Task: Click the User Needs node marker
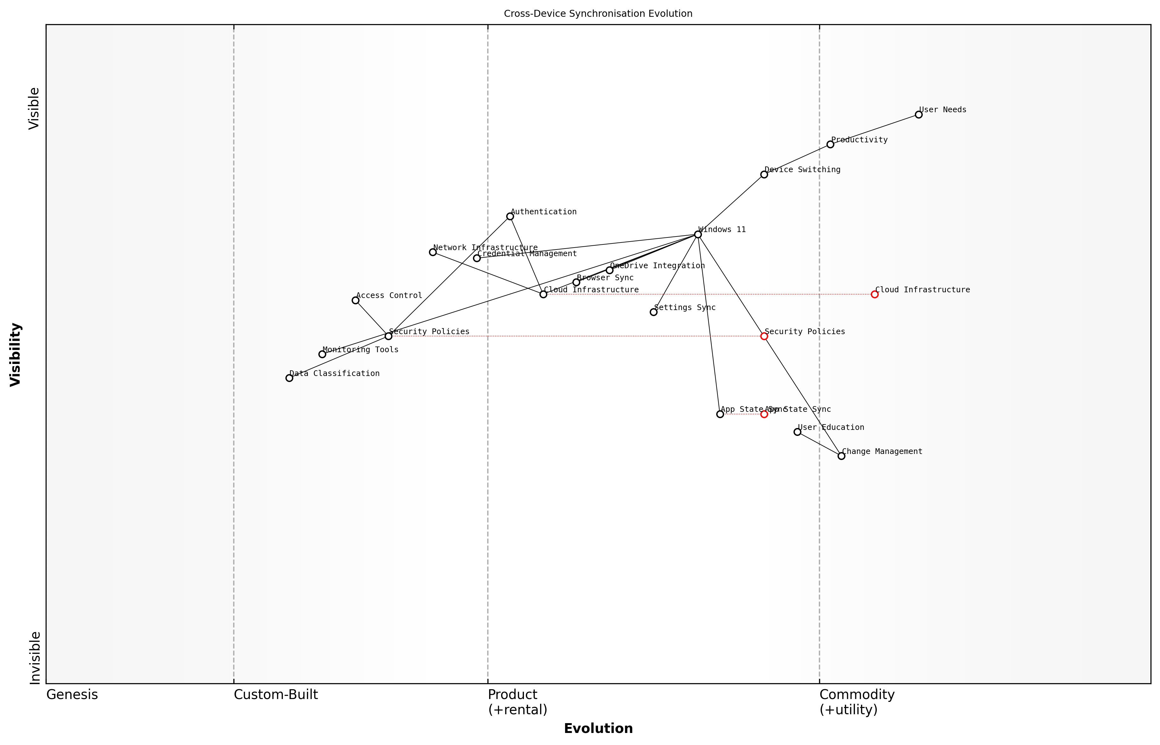918,115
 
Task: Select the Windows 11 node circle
698,235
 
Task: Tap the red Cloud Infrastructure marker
874,294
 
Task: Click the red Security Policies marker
764,336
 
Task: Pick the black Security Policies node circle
388,336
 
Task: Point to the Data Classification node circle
289,378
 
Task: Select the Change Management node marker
841,456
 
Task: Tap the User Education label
831,428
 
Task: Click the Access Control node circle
355,301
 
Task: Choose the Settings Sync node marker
653,312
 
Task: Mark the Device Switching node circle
764,175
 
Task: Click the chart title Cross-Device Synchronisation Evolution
598,14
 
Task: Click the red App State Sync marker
764,414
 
